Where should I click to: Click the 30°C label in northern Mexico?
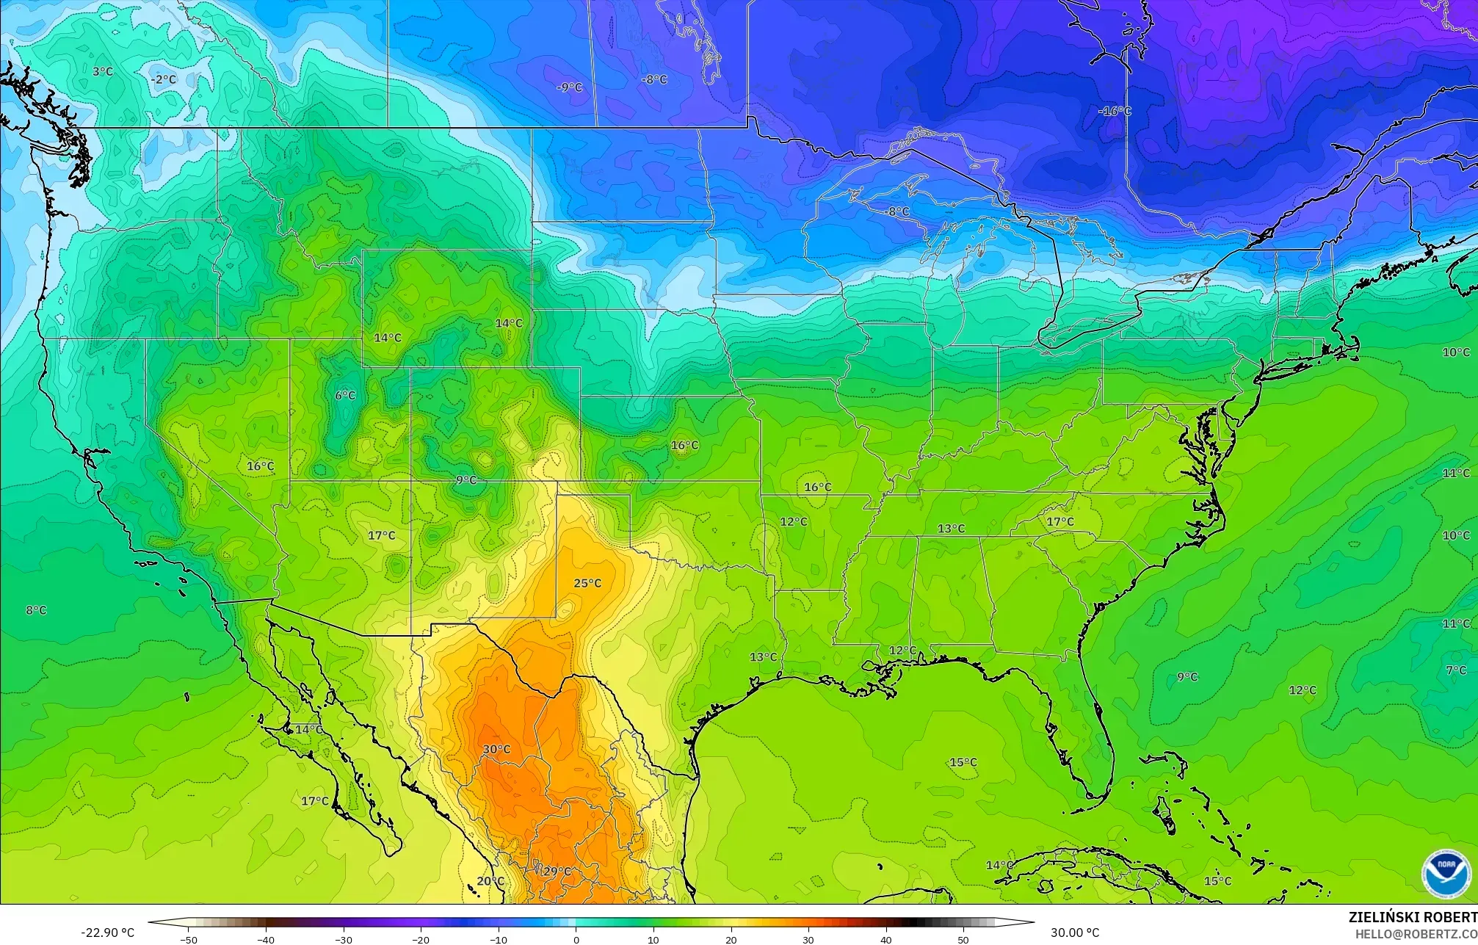pyautogui.click(x=496, y=749)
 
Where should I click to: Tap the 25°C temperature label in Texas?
pyautogui.click(x=587, y=583)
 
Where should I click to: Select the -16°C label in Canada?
pyautogui.click(x=1115, y=111)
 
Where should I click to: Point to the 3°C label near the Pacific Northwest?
pyautogui.click(x=103, y=71)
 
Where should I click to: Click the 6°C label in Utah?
pyautogui.click(x=345, y=395)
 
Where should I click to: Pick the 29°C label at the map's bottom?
pyautogui.click(x=557, y=872)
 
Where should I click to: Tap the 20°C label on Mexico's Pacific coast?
pyautogui.click(x=490, y=881)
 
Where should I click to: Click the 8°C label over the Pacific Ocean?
pyautogui.click(x=36, y=610)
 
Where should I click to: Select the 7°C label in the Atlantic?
pyautogui.click(x=1456, y=670)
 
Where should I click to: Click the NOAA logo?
pyautogui.click(x=1446, y=873)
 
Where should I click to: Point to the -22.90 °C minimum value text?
pyautogui.click(x=107, y=933)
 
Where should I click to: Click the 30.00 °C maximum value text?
pyautogui.click(x=1075, y=933)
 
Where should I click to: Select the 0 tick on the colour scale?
pyautogui.click(x=576, y=939)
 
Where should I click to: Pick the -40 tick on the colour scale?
pyautogui.click(x=265, y=939)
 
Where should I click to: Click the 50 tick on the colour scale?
pyautogui.click(x=963, y=939)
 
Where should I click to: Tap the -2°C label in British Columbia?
pyautogui.click(x=163, y=79)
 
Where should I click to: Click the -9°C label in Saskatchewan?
pyautogui.click(x=569, y=87)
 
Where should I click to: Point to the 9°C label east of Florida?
pyautogui.click(x=1187, y=677)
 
